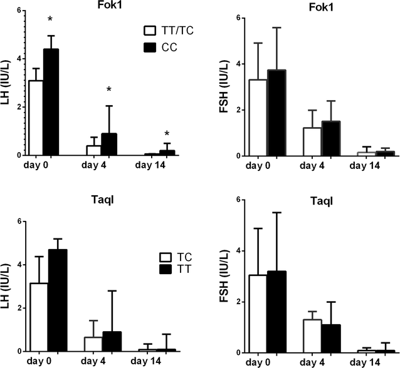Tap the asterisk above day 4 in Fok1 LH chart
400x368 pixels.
109,89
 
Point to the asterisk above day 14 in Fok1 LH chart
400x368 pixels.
167,133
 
